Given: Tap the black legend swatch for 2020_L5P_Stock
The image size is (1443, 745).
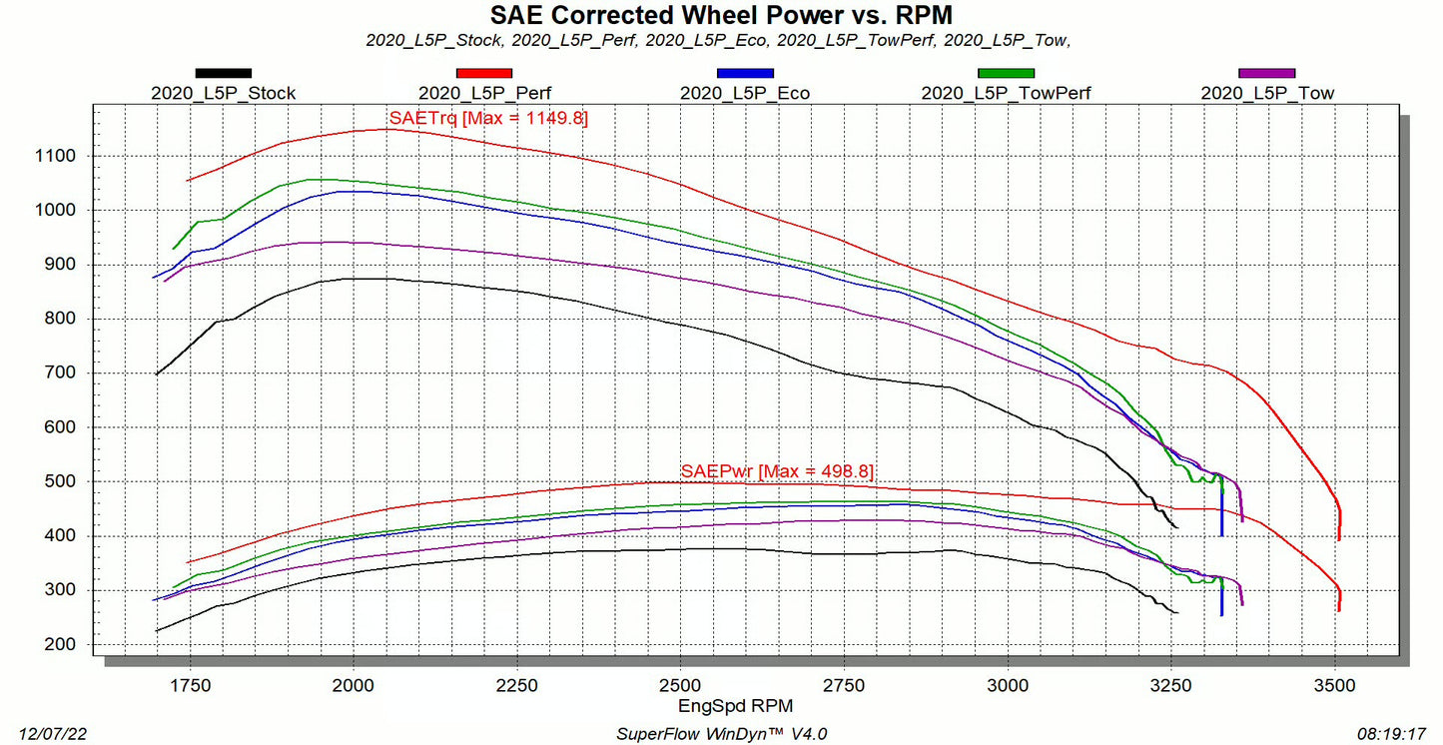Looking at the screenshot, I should (224, 73).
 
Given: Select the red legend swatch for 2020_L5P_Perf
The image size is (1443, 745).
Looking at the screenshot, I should (484, 73).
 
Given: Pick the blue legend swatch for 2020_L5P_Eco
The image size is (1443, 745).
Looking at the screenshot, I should (745, 73).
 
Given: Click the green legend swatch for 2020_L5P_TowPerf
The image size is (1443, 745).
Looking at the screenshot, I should (1006, 73).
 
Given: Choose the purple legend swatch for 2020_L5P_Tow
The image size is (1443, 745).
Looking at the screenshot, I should (1266, 73).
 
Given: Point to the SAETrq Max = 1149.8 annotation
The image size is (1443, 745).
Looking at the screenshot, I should (488, 118).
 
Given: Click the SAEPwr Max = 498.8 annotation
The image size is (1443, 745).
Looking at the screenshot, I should (777, 471).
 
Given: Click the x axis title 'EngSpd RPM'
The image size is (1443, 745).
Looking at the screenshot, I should (721, 706).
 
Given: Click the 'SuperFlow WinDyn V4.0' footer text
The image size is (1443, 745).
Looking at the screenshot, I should (721, 734).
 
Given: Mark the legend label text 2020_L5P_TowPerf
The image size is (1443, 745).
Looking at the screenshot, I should (1006, 94).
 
